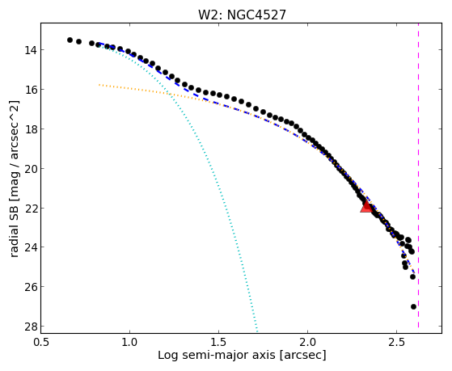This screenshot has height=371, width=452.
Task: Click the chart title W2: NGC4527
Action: tap(242, 15)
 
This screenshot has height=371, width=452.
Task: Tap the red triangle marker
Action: tap(366, 207)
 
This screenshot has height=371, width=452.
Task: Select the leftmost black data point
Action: tap(70, 40)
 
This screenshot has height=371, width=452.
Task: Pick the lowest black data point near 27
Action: tap(413, 306)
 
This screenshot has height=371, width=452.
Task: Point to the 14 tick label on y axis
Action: tap(30, 50)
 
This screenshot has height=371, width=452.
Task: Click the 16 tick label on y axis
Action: tap(30, 90)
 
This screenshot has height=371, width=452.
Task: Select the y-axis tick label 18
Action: tap(30, 129)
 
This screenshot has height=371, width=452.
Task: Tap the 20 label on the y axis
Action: tap(30, 169)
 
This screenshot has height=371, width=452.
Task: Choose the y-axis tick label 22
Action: tap(30, 208)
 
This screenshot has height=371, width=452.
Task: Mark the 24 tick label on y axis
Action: tap(30, 247)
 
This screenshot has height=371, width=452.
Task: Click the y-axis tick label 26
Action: tap(30, 287)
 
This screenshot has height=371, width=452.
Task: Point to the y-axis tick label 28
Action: tap(30, 327)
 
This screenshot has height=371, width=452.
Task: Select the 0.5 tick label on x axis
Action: tap(40, 342)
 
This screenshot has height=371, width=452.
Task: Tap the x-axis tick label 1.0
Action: tap(129, 342)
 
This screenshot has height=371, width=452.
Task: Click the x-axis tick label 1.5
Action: tap(218, 342)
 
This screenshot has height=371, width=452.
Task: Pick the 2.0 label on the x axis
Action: tap(307, 342)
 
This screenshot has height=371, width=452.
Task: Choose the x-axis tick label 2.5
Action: tap(397, 342)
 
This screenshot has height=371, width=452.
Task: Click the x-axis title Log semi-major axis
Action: tap(217, 355)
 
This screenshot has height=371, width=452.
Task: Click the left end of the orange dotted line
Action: tap(99, 85)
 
